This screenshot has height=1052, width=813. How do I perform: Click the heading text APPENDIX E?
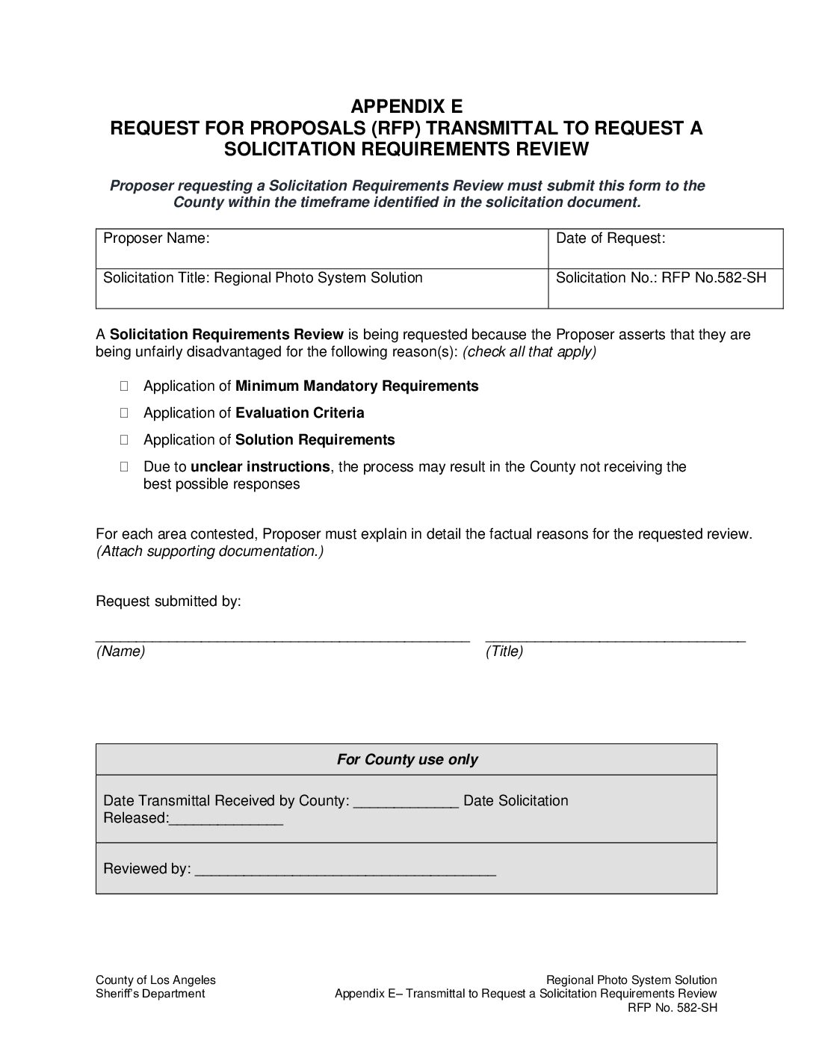click(406, 105)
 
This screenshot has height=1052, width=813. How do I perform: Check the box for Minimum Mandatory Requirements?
click(124, 386)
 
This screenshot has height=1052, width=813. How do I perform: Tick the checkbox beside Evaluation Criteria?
click(124, 413)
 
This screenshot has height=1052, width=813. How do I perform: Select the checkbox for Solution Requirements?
click(124, 440)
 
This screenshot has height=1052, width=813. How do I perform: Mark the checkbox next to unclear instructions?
click(124, 467)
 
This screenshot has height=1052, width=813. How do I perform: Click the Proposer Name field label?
click(156, 238)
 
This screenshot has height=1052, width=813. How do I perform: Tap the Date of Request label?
click(610, 238)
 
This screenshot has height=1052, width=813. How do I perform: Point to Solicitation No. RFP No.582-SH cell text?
click(661, 278)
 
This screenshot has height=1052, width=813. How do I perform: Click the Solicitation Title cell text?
click(262, 278)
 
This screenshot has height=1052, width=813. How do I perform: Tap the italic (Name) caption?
click(120, 652)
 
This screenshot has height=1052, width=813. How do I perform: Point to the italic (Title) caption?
click(504, 652)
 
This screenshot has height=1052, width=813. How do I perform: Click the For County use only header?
click(406, 760)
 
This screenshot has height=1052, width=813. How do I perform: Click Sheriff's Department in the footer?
click(150, 994)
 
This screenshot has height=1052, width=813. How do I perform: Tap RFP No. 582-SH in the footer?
click(673, 1007)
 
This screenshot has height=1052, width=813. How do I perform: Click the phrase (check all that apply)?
click(529, 352)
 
